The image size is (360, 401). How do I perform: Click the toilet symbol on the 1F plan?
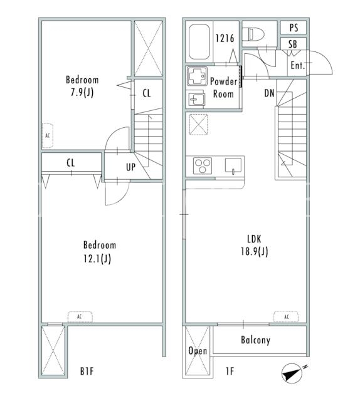coord(253,34)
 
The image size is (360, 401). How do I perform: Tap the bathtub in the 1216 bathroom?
coord(199,42)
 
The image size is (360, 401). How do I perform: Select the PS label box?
coord(294,28)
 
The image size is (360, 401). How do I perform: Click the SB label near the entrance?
coord(293,44)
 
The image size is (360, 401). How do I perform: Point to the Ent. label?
coord(298,65)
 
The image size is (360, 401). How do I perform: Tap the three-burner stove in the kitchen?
coord(203,166)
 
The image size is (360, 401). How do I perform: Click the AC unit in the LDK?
coord(286,316)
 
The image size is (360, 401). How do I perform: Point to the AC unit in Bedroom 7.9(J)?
coord(48,135)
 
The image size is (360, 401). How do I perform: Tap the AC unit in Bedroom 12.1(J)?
coord(80,316)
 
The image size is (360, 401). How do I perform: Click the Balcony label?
coord(255,340)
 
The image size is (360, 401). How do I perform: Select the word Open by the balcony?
coord(198,351)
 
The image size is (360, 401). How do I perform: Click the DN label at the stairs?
coord(269,93)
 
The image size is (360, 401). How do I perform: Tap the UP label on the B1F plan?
coord(130,167)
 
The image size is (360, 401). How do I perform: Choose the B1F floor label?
coord(87,371)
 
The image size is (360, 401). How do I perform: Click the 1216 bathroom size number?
coord(225,38)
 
